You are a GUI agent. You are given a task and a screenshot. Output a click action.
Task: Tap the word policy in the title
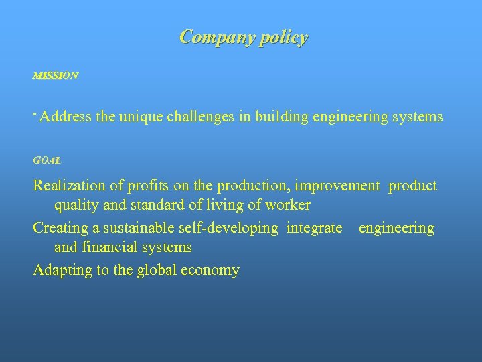click(280, 38)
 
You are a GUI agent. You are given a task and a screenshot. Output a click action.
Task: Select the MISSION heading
click(56, 76)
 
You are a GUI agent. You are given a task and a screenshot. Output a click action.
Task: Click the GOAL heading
click(47, 161)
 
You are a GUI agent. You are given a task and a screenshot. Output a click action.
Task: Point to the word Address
click(66, 117)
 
